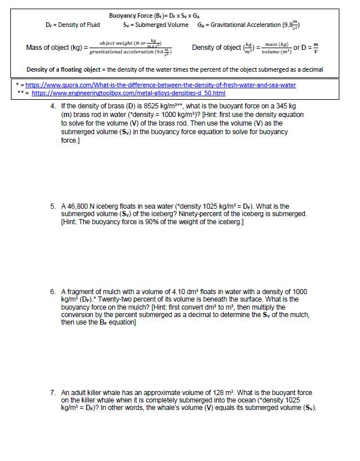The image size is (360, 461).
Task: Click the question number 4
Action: click(x=52, y=107)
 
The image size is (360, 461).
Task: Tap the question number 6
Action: click(x=52, y=292)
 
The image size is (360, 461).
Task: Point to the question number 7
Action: click(x=52, y=393)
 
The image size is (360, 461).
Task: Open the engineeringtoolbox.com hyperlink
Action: click(x=128, y=92)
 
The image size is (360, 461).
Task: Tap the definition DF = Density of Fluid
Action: click(x=73, y=25)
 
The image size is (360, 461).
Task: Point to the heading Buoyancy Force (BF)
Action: click(x=133, y=16)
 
